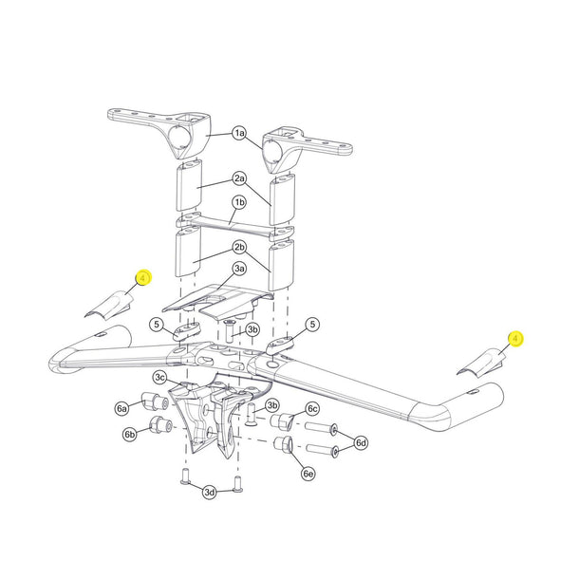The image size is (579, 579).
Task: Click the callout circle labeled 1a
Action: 239,134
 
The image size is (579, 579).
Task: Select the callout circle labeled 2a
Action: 239,177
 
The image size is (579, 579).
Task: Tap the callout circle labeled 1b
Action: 239,203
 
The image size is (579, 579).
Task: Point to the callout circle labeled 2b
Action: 239,248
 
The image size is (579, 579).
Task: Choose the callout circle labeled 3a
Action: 239,270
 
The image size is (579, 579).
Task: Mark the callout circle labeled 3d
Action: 210,491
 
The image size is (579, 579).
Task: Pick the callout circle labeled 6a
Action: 121,408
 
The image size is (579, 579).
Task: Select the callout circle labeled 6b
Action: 129,434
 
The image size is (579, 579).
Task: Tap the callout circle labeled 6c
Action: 312,409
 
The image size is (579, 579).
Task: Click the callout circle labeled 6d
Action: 361,442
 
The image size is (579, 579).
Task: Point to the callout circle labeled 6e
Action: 308,473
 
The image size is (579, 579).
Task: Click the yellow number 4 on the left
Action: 142,279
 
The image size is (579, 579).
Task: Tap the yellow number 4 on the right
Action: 515,338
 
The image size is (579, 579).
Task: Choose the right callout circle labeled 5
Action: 312,325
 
